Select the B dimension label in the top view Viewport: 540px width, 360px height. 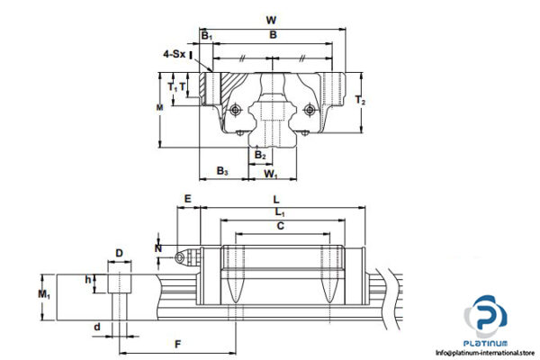pyautogui.click(x=273, y=35)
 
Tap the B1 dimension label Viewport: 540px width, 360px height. pyautogui.click(x=206, y=36)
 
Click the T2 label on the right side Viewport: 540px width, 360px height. pyautogui.click(x=362, y=100)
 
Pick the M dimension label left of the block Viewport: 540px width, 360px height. pyautogui.click(x=160, y=108)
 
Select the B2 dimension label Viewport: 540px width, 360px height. pyautogui.click(x=260, y=155)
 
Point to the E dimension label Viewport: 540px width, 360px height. pyautogui.click(x=187, y=199)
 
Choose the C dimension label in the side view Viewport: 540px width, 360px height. pyautogui.click(x=280, y=227)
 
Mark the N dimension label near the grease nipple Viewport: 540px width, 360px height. pyautogui.click(x=158, y=247)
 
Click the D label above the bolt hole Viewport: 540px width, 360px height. pyautogui.click(x=120, y=254)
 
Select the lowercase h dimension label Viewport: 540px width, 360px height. pyautogui.click(x=88, y=280)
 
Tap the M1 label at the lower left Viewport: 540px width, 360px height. pyautogui.click(x=44, y=295)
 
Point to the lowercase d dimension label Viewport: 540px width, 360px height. pyautogui.click(x=97, y=326)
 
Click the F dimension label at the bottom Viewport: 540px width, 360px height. pyautogui.click(x=177, y=344)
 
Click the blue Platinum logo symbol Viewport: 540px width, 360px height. pyautogui.click(x=486, y=319)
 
